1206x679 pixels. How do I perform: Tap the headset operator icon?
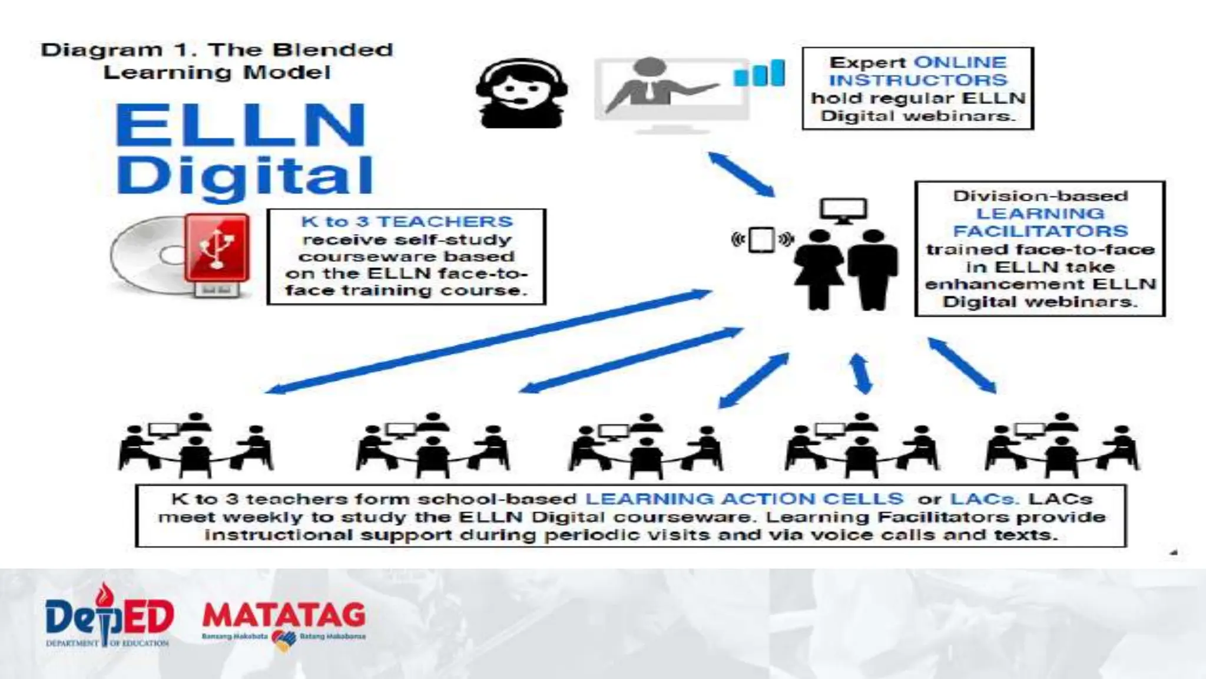click(x=522, y=93)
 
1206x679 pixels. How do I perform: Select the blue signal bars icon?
click(x=759, y=74)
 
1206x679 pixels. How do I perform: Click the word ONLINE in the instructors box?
click(x=960, y=62)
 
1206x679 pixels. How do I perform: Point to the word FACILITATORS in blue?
click(x=1040, y=231)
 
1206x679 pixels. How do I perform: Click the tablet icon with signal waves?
click(x=762, y=239)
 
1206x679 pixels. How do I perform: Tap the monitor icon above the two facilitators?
click(x=843, y=210)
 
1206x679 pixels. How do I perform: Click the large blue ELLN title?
click(x=241, y=125)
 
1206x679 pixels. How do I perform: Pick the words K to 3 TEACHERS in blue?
click(x=407, y=222)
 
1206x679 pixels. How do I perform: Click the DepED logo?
click(x=109, y=616)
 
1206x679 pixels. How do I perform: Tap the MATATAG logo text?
click(x=284, y=615)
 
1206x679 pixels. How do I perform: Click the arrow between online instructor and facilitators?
click(x=741, y=174)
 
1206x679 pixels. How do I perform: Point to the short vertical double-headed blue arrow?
click(x=861, y=373)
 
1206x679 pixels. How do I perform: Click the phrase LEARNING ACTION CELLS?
click(x=744, y=499)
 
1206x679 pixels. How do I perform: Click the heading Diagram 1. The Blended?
click(x=217, y=50)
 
